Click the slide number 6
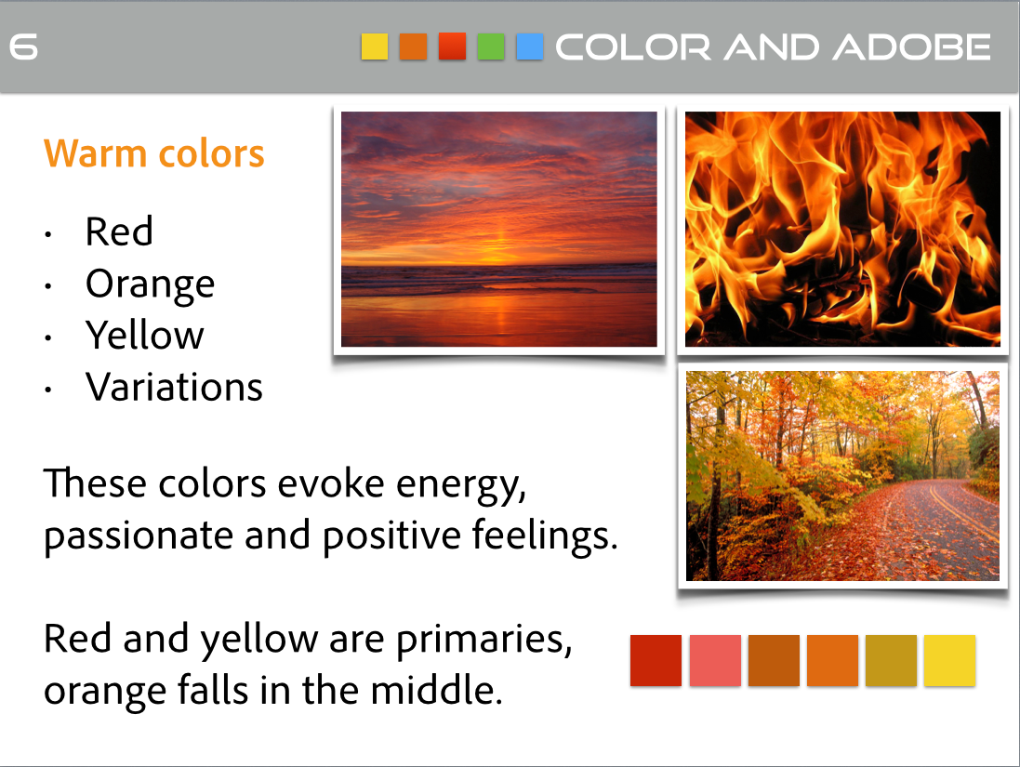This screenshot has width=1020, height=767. (x=23, y=47)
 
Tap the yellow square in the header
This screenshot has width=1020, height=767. (x=375, y=46)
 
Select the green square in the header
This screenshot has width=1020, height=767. (x=491, y=46)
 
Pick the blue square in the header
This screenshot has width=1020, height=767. (x=529, y=46)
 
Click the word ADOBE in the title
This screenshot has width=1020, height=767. (x=912, y=47)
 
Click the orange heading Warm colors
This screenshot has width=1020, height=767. (x=154, y=153)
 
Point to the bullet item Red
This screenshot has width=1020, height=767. (x=119, y=231)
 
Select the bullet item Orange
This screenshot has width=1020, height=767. (x=150, y=284)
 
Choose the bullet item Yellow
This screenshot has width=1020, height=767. (x=144, y=335)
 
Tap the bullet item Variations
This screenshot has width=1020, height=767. (x=174, y=387)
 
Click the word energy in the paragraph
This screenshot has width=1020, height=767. (x=461, y=485)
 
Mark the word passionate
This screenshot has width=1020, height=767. (x=139, y=536)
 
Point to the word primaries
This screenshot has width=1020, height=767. (x=484, y=641)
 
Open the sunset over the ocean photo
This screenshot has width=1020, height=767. (x=499, y=229)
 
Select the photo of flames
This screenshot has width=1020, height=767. (x=842, y=229)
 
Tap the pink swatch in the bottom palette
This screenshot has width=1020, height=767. (x=715, y=660)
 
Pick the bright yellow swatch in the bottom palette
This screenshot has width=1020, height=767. (x=949, y=660)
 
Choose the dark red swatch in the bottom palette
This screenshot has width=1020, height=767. (x=656, y=660)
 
